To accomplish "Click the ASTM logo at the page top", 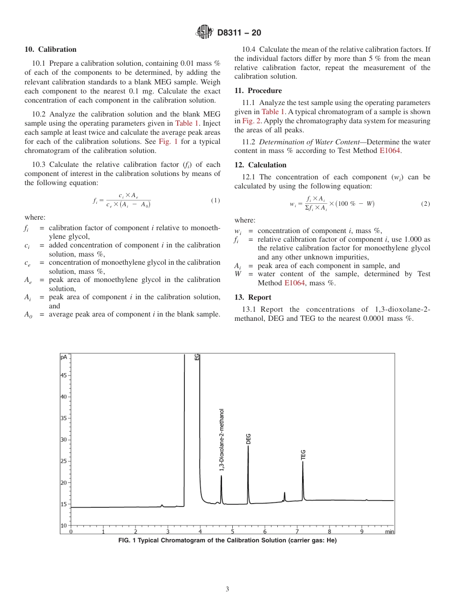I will [x=205, y=33].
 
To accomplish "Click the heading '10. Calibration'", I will [x=50, y=49].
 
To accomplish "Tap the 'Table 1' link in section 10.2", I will [x=183, y=123].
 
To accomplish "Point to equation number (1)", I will [x=216, y=200].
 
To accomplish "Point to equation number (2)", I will [x=425, y=204].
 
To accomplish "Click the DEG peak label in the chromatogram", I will [x=248, y=439].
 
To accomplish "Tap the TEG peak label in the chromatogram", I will [x=303, y=455].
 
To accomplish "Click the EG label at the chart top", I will [x=197, y=357].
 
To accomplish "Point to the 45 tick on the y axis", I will [x=64, y=375].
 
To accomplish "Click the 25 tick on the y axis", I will [x=64, y=461].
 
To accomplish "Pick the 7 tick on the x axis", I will [x=297, y=531].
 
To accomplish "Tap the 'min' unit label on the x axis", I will [x=390, y=531].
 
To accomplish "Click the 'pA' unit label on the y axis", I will [x=64, y=357].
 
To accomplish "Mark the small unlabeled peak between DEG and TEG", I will [x=284, y=496].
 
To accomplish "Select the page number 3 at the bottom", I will [x=227, y=589].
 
